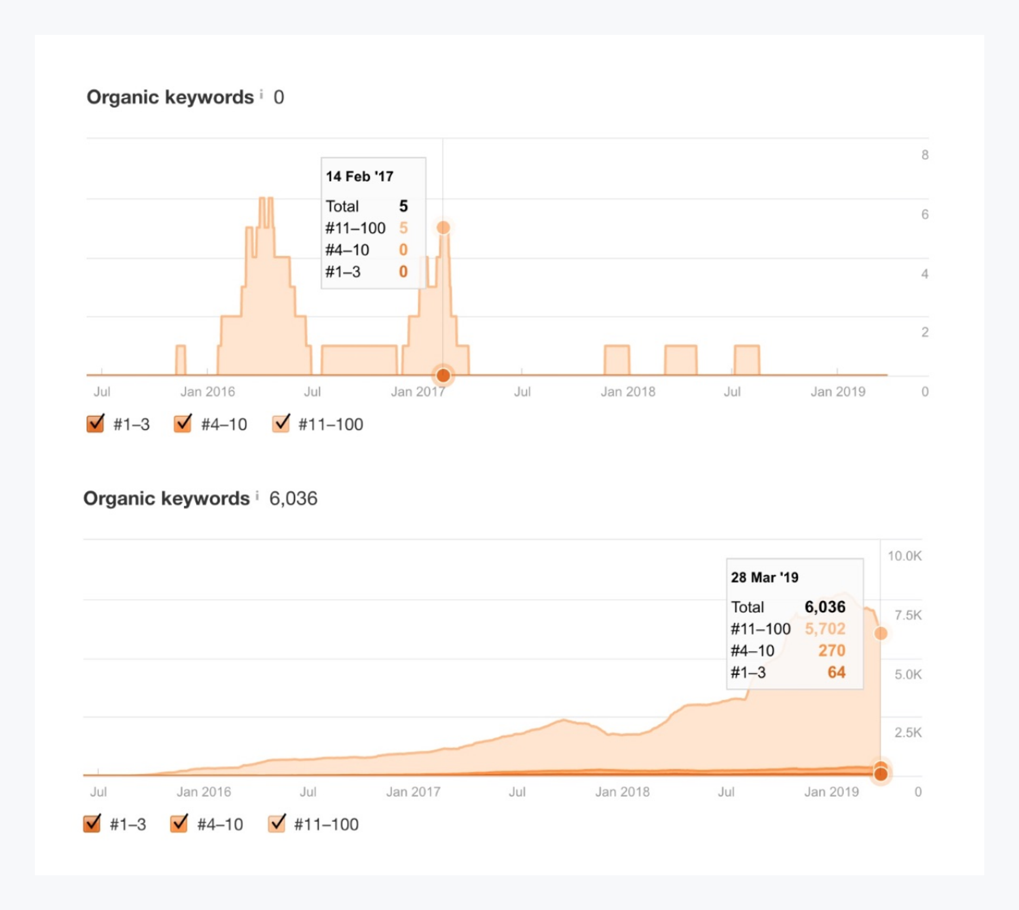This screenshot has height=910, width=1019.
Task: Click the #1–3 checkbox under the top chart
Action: [x=95, y=423]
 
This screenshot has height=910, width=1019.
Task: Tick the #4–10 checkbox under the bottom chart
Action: [x=179, y=824]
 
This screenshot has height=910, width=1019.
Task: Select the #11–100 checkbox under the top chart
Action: [x=281, y=423]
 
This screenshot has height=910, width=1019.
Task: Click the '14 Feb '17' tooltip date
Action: [x=359, y=177]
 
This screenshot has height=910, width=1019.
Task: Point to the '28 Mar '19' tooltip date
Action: [x=764, y=578]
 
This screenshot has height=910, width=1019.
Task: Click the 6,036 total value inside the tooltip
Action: [x=824, y=607]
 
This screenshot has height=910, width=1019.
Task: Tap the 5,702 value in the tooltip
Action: [x=824, y=629]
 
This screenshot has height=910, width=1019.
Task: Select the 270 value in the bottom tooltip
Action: [x=832, y=650]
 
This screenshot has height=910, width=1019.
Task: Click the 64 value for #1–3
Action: [x=836, y=673]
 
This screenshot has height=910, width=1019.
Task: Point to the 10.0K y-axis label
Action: [x=904, y=556]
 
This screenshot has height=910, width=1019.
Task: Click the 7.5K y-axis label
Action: [x=908, y=615]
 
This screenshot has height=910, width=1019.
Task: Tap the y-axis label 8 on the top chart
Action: [x=924, y=155]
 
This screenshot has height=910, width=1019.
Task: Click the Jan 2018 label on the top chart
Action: [x=628, y=392]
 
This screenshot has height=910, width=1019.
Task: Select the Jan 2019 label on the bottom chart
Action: [x=831, y=792]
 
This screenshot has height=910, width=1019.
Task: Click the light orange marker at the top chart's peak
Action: [x=443, y=227]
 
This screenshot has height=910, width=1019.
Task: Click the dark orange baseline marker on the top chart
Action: [x=443, y=375]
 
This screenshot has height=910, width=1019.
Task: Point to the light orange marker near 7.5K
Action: [x=881, y=633]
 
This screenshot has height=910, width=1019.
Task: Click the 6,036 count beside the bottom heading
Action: [x=293, y=498]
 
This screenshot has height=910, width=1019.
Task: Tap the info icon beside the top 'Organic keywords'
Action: [x=261, y=95]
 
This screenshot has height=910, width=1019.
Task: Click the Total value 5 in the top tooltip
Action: [x=403, y=206]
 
